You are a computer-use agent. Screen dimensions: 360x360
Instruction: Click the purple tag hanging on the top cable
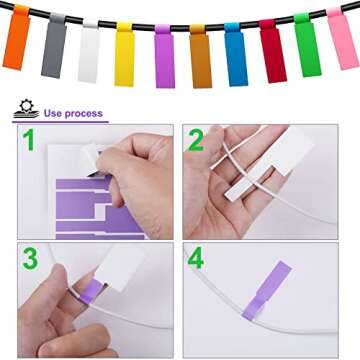click(x=163, y=58)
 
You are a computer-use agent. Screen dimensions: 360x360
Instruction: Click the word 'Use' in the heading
click(x=52, y=114)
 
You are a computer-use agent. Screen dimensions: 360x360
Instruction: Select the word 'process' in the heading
click(x=86, y=114)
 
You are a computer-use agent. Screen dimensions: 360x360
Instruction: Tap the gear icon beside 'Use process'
click(x=23, y=109)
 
